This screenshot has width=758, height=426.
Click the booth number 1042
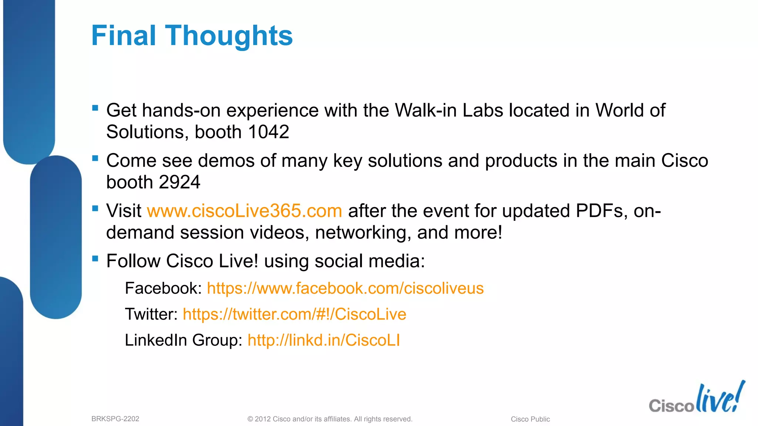[268, 132]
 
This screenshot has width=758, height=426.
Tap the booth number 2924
[180, 182]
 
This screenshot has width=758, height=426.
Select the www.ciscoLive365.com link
[244, 211]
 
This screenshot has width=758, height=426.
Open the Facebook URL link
[345, 288]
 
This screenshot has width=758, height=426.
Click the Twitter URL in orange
[294, 314]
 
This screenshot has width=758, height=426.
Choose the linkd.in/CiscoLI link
[323, 340]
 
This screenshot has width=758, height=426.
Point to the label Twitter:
[151, 314]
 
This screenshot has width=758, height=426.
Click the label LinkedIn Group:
[183, 340]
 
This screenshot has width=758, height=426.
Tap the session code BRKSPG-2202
[115, 419]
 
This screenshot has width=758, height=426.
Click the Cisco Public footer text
[530, 419]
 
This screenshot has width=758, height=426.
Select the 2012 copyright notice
[329, 419]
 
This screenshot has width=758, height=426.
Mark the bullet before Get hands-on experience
[95, 108]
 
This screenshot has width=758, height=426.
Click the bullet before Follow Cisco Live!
[95, 258]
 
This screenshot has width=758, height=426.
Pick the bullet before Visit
[95, 208]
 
